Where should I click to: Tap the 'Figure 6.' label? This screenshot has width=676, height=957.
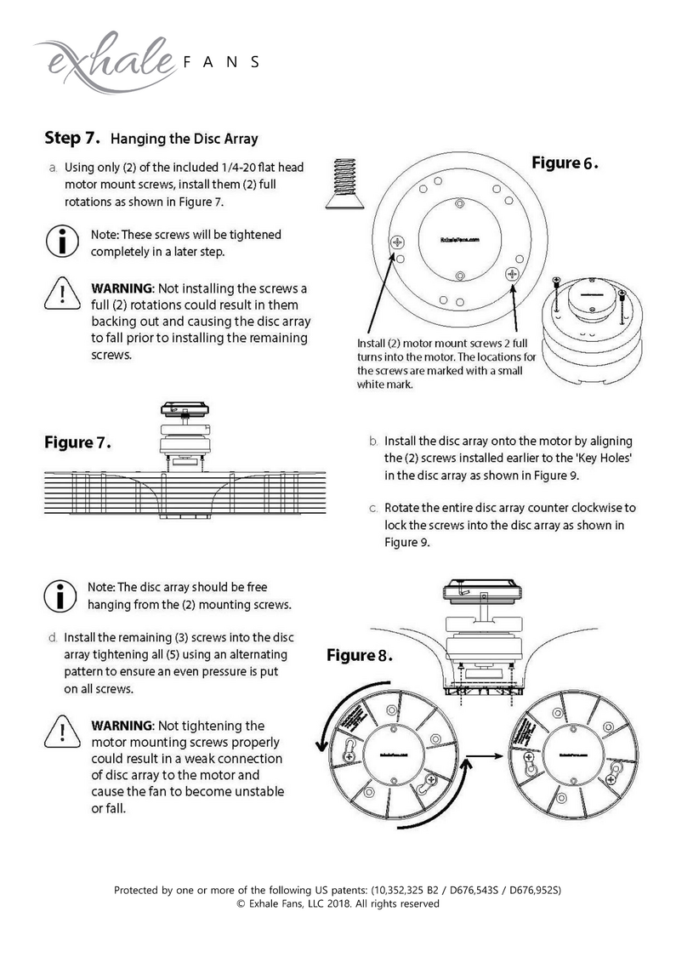(x=565, y=163)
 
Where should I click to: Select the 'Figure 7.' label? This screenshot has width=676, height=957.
(x=78, y=443)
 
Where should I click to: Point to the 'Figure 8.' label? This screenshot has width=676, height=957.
(x=361, y=656)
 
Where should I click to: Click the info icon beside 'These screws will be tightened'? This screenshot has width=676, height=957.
(x=63, y=242)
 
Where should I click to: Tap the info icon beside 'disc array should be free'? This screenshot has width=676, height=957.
(x=61, y=595)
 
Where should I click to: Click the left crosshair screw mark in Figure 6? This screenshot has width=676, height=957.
(x=397, y=243)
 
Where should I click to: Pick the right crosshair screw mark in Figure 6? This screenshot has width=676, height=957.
(x=512, y=273)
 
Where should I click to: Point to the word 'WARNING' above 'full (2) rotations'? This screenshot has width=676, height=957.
(x=122, y=288)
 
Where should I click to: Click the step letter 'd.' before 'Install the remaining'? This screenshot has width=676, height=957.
(x=53, y=637)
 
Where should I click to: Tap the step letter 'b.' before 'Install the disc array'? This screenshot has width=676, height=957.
(x=373, y=441)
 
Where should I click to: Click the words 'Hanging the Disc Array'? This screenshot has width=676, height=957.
(x=185, y=138)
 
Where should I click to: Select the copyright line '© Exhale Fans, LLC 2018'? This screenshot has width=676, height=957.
(x=338, y=904)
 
